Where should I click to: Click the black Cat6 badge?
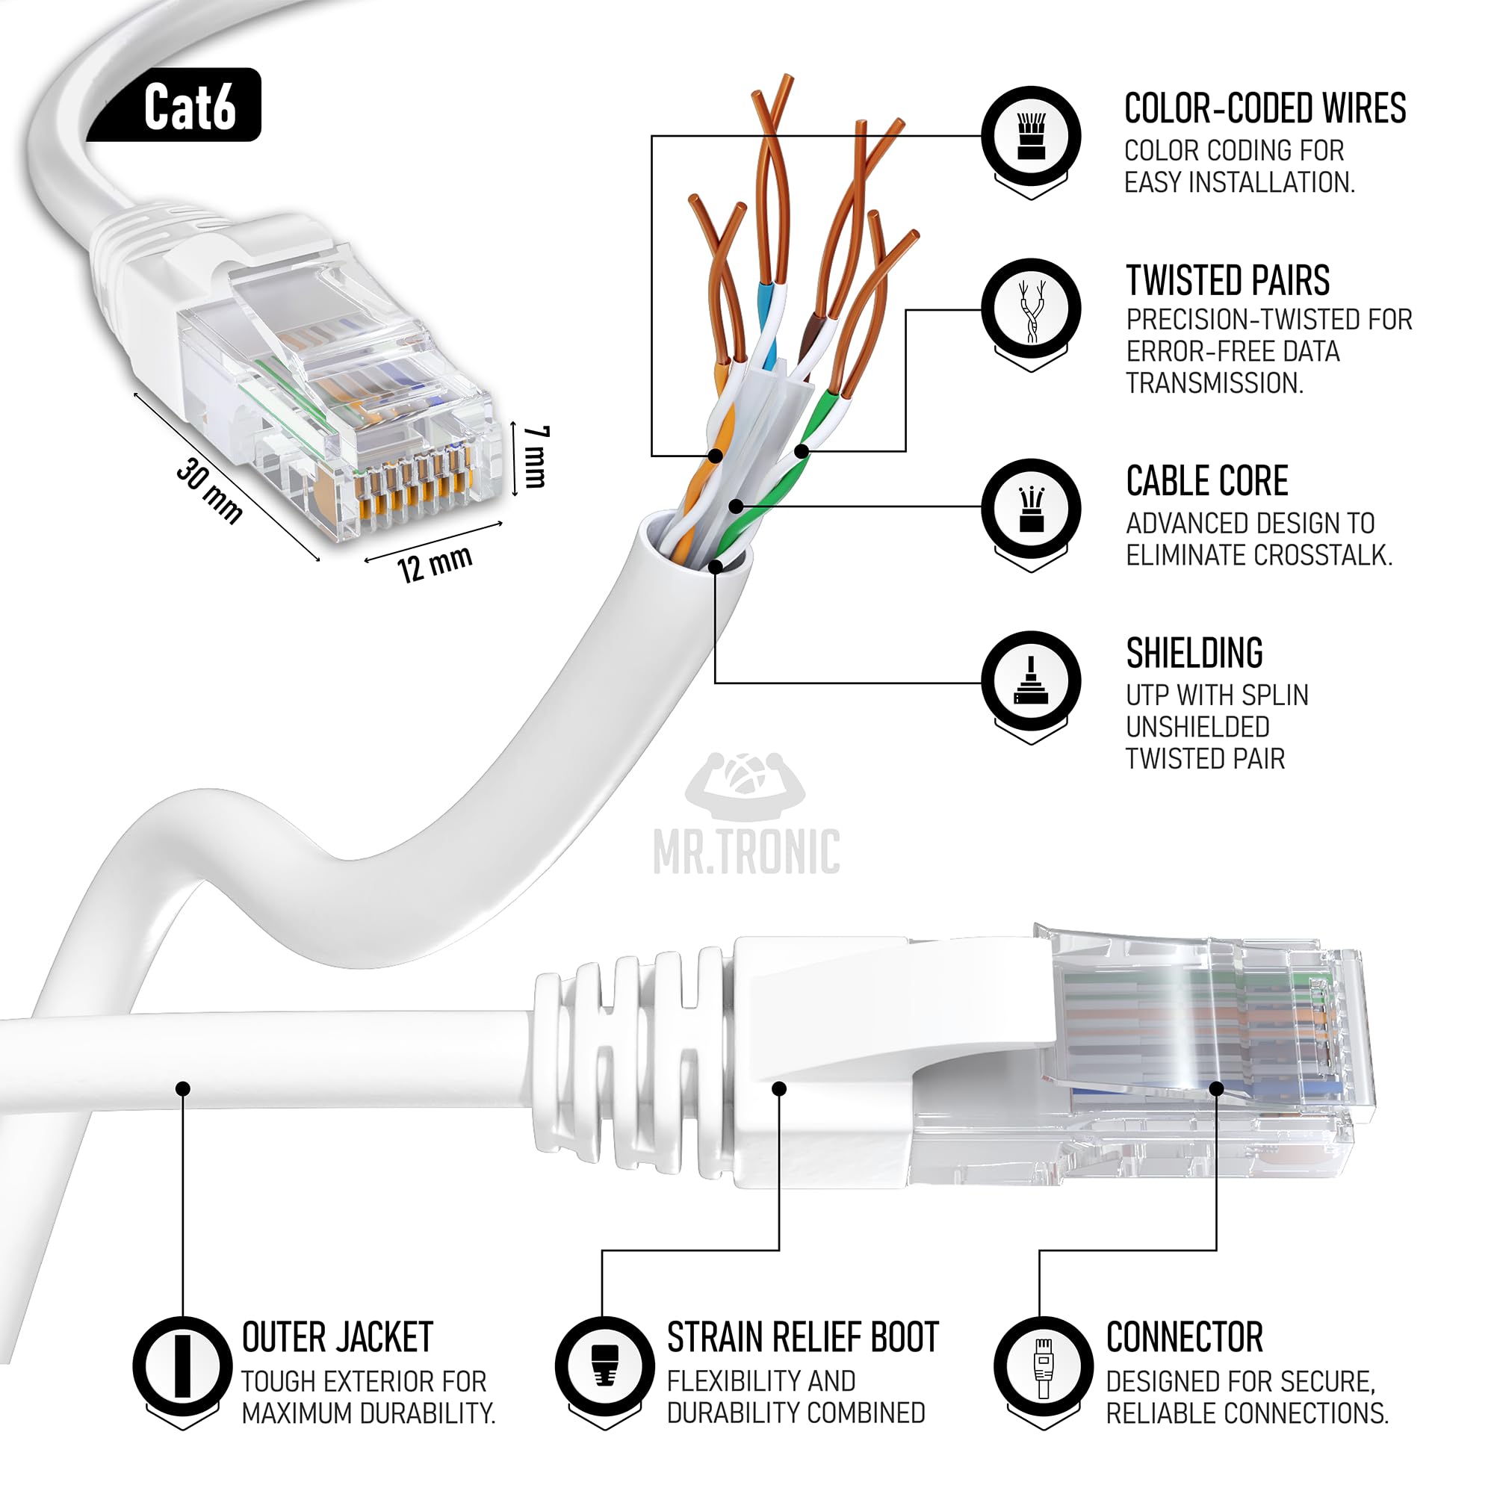coord(173,105)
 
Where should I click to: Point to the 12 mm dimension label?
coord(435,564)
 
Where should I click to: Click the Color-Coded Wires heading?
coord(1265,108)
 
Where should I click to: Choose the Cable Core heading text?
coord(1207,481)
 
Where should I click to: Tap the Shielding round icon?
coord(1031,681)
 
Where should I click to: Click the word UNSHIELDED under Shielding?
coord(1198,727)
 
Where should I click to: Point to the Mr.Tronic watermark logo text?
coord(746,852)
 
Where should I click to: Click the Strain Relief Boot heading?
coord(803,1338)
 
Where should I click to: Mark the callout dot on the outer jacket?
coord(182,1089)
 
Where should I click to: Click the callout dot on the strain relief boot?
coord(778,1089)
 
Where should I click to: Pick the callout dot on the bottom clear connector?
coord(1216,1089)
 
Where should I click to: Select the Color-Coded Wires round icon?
coord(1031,136)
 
